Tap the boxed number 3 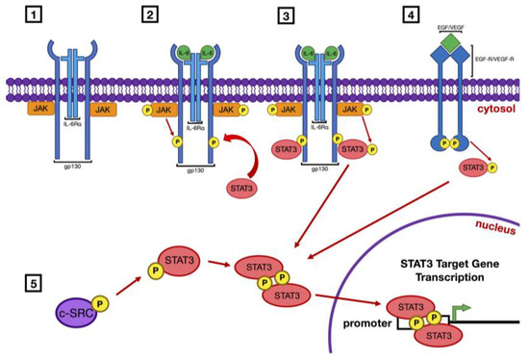click(x=286, y=15)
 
